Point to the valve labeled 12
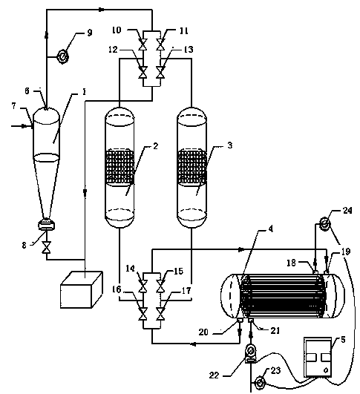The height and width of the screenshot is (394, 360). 143,73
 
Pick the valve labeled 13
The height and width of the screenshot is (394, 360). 160,73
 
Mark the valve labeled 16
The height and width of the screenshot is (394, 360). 143,315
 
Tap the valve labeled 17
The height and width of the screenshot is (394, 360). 160,315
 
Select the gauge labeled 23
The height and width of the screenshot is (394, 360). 260,384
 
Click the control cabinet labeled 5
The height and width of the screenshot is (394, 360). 318,358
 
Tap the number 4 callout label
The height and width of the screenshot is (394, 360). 270,229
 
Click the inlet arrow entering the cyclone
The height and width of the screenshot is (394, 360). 22,126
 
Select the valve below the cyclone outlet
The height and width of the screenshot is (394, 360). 47,247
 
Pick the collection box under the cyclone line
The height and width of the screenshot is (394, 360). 82,289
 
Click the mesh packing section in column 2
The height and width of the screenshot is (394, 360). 120,167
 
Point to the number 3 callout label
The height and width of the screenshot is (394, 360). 230,145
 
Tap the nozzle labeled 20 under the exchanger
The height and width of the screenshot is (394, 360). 239,320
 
